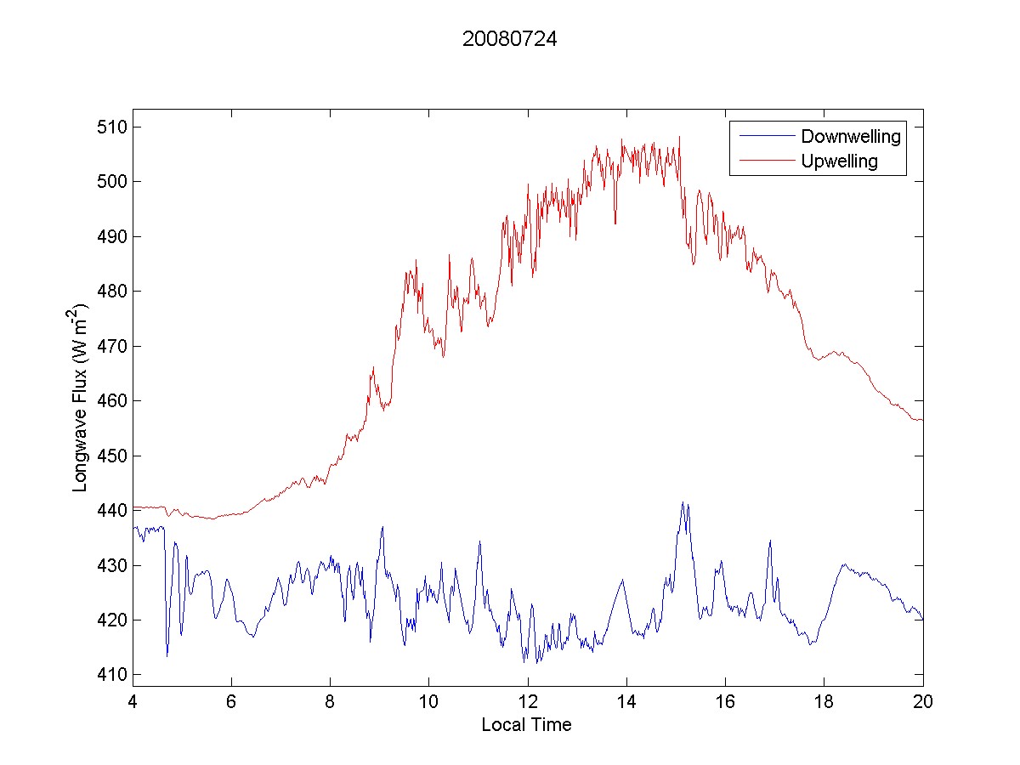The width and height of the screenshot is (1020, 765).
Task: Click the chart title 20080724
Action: (509, 39)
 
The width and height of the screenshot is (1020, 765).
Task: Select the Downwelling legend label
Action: (850, 136)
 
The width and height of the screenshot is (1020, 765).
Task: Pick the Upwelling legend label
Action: (839, 161)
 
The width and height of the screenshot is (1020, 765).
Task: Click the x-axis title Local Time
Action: (526, 725)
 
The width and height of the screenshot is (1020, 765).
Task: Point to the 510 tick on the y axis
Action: (114, 127)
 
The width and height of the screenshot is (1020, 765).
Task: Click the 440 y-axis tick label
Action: (114, 511)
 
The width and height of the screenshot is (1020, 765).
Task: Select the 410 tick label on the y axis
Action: (114, 675)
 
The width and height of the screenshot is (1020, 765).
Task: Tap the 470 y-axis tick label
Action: (114, 346)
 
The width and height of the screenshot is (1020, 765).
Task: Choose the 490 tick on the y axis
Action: (114, 236)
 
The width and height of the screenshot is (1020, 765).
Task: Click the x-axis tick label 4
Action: (133, 701)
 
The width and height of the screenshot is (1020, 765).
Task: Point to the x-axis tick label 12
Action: (528, 701)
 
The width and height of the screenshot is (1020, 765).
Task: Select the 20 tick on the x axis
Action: (923, 701)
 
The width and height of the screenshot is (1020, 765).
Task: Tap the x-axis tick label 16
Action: (725, 701)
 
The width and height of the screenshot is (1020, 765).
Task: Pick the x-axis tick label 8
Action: (330, 701)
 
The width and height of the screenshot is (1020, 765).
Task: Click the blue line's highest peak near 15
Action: (682, 502)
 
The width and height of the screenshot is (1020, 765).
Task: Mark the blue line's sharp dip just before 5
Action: (167, 655)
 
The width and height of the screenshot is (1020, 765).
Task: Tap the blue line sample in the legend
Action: (765, 136)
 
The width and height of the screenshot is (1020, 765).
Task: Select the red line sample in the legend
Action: (765, 161)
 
